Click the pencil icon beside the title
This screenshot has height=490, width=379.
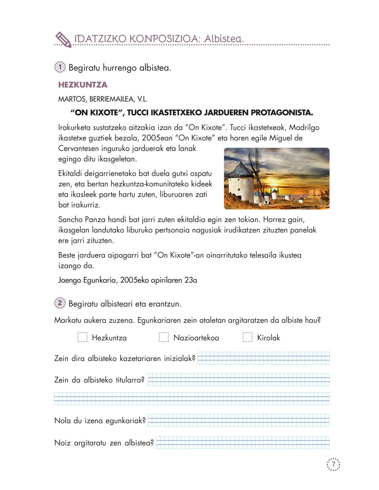pyautogui.click(x=63, y=39)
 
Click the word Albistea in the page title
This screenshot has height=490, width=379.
pyautogui.click(x=224, y=38)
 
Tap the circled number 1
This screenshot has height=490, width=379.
pyautogui.click(x=60, y=67)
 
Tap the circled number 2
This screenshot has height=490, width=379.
pyautogui.click(x=60, y=303)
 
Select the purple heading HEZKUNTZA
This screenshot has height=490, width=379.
pyautogui.click(x=83, y=85)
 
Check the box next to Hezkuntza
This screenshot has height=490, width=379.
pyautogui.click(x=82, y=337)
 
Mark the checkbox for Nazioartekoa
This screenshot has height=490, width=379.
pyautogui.click(x=164, y=337)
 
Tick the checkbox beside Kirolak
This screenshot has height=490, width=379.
pyautogui.click(x=247, y=337)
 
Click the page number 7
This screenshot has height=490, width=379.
pyautogui.click(x=333, y=465)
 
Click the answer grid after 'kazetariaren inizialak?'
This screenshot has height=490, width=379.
pyautogui.click(x=263, y=358)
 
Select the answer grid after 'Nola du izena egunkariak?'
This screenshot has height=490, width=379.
pyautogui.click(x=238, y=420)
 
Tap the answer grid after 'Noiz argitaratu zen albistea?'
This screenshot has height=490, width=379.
pyautogui.click(x=243, y=442)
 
